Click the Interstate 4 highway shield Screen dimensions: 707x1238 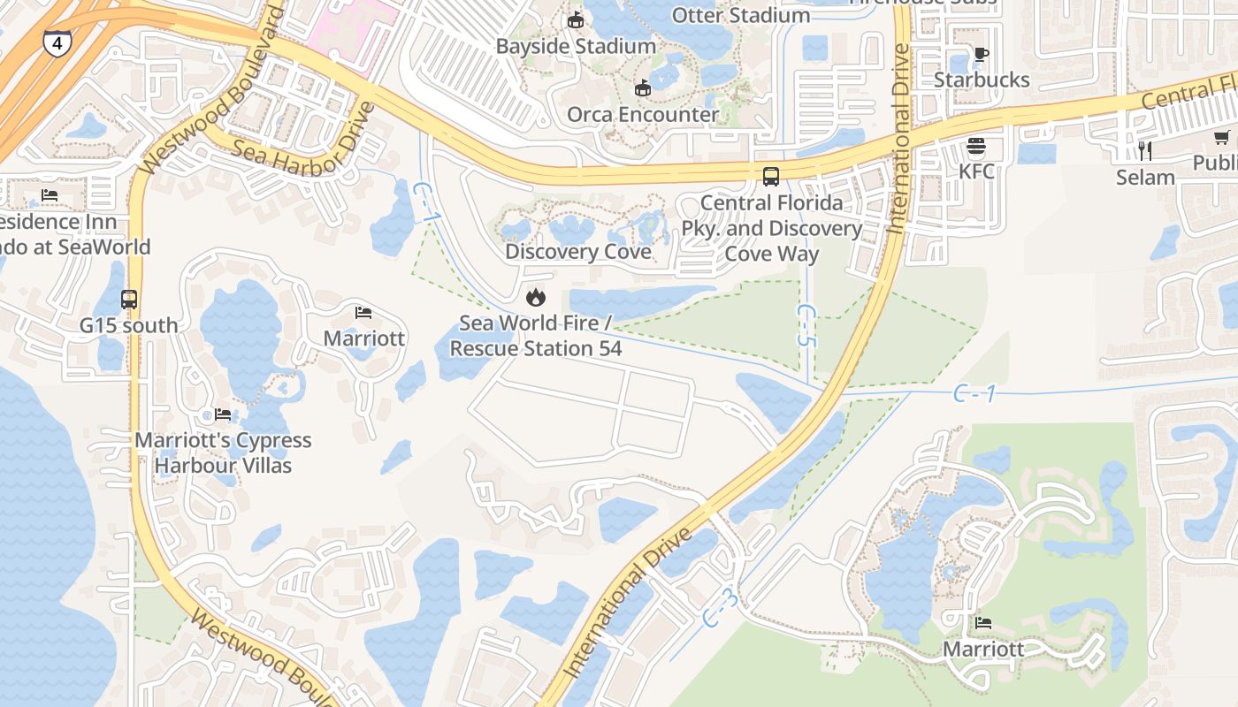[x=57, y=42]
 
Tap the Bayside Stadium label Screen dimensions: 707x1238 [x=576, y=46]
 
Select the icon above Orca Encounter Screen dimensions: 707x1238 [x=643, y=88]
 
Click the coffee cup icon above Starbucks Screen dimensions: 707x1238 [x=981, y=54]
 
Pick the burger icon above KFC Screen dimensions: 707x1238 [x=976, y=145]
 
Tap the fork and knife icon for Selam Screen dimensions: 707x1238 [x=1145, y=150]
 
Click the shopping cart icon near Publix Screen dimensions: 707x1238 [x=1222, y=137]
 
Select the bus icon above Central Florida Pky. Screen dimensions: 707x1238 [x=771, y=177]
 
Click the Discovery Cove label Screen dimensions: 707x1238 [x=578, y=252]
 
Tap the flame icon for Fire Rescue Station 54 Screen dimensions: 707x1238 [x=535, y=297]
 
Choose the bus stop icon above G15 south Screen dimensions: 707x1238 [x=129, y=300]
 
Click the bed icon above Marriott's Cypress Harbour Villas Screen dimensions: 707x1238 [x=223, y=414]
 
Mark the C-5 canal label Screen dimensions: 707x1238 [x=806, y=325]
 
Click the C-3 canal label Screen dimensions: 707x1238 [x=721, y=609]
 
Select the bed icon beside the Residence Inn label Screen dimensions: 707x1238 [x=50, y=195]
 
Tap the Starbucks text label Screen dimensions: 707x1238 [x=982, y=80]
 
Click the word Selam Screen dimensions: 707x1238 [x=1145, y=177]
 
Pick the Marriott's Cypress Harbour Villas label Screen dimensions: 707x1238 [x=223, y=452]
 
